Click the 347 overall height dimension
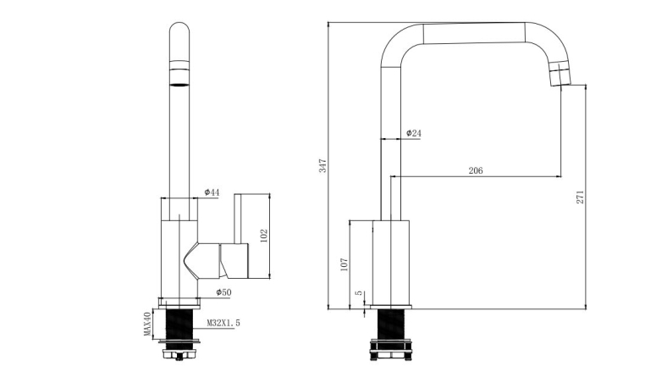tap(323, 165)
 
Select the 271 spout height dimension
tap(580, 197)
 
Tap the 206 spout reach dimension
tap(476, 170)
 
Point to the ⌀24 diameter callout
tap(413, 133)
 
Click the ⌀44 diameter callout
tap(212, 192)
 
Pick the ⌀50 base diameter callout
tap(223, 292)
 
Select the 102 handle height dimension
tap(264, 236)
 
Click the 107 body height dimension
tap(345, 264)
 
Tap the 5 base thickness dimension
tap(359, 293)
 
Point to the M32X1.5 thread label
tap(223, 324)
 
